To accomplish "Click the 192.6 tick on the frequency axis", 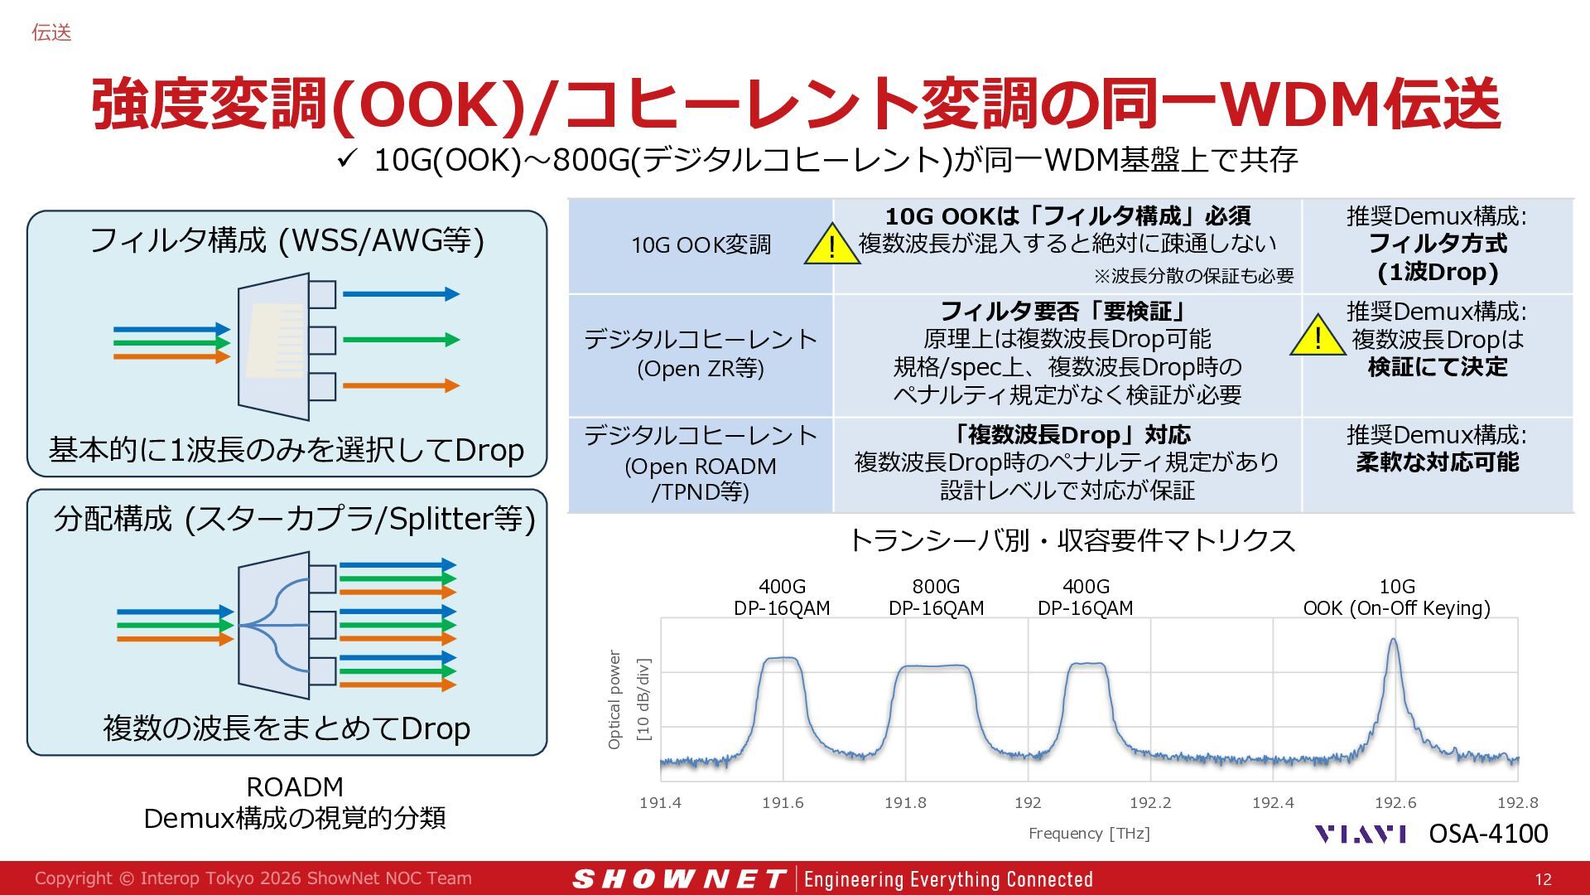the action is (1395, 802).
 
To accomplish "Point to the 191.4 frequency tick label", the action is (660, 802).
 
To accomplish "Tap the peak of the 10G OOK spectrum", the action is (1394, 639).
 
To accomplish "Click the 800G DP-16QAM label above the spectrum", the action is (936, 597).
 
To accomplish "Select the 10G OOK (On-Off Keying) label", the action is (1396, 597).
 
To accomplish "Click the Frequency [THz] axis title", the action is (1089, 833).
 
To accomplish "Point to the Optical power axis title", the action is (614, 699).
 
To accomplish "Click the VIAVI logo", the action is (1361, 834).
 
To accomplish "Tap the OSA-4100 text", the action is (1488, 833).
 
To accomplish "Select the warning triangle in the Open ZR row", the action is (1318, 336).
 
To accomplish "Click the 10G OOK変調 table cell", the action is (701, 245).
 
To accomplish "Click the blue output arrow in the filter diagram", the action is (401, 293).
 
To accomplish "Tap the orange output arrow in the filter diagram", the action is (401, 385).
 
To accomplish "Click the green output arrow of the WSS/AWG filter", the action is (401, 339).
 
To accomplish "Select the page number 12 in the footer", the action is (1543, 879).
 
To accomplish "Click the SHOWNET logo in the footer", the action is (679, 878).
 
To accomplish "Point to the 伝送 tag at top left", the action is (51, 32).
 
